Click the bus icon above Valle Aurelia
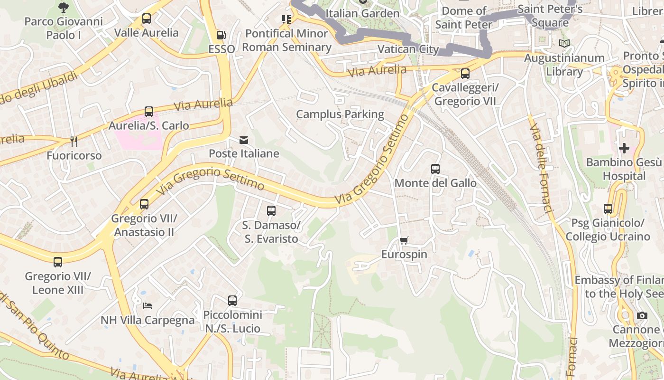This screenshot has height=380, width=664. pos(147,19)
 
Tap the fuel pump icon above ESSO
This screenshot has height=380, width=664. pos(221,35)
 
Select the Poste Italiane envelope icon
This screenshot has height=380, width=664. pos(244,140)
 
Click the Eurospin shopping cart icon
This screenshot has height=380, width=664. pos(404,240)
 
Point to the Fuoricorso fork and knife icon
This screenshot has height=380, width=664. pos(74,141)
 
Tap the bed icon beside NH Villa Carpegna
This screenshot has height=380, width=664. pos(148,306)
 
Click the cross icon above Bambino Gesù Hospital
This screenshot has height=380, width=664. pos(624,148)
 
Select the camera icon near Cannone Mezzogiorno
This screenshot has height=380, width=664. pos(642,316)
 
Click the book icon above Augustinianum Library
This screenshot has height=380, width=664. pos(564,44)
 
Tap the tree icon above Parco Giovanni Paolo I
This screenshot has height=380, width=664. pos(63,7)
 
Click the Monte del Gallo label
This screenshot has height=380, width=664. pos(435,183)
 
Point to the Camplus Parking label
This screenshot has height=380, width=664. pos(340,114)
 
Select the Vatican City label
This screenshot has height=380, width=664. pos(408,49)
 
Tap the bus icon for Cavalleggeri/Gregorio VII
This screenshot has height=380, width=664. pos(465,74)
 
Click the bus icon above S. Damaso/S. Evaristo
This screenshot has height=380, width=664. pos(271,210)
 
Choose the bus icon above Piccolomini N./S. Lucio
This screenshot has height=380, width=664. pos(232,300)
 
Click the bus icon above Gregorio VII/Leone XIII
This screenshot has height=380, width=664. pos(58,262)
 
